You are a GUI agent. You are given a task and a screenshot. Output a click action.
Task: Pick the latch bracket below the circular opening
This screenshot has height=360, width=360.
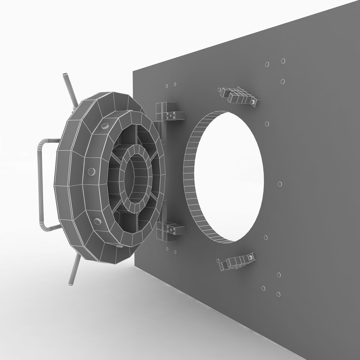237,261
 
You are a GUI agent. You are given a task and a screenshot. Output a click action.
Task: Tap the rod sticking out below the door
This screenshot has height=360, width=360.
73,268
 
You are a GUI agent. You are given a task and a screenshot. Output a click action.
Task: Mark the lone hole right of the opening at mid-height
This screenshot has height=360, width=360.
280,184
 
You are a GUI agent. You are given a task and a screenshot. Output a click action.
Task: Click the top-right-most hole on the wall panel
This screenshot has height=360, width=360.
283,61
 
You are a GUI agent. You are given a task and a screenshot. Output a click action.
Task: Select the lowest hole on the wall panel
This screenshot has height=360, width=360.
278,294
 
